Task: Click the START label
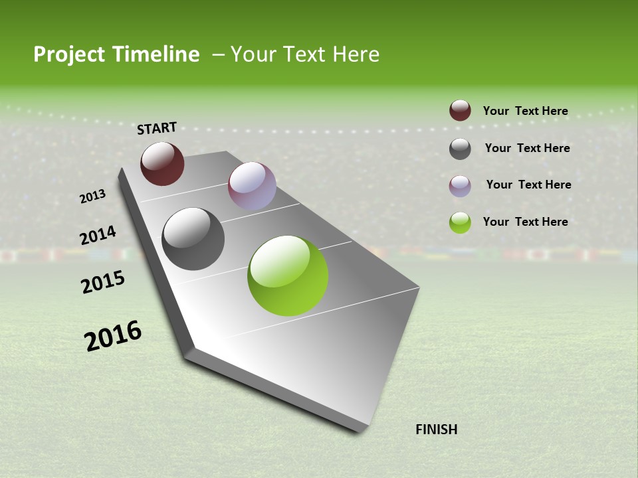pos(157,128)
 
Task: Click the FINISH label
pos(437,430)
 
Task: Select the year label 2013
pos(92,196)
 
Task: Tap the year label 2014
pos(98,236)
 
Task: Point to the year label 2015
pos(103,283)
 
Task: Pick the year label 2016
pos(113,336)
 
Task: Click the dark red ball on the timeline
pos(162,163)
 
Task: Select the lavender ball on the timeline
pos(252,186)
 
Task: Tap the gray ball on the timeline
pos(193,239)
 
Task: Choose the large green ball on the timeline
pos(288,276)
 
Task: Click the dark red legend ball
pos(460,111)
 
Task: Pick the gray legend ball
pos(460,149)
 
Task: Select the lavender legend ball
pos(460,186)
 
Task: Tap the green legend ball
pos(460,222)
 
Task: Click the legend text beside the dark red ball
pos(525,111)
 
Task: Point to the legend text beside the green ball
pos(525,222)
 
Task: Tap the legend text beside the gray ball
pos(527,148)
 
